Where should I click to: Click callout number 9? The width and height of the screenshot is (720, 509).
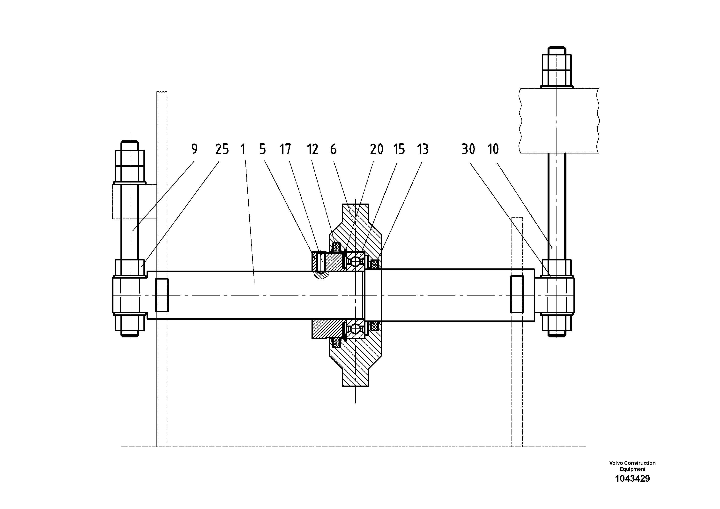pos(194,149)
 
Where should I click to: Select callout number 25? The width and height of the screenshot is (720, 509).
pos(222,149)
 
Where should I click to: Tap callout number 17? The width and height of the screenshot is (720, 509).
pos(285,149)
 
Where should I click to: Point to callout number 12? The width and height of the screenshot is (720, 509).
pos(313,149)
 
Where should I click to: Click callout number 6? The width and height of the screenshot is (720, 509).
pos(333,149)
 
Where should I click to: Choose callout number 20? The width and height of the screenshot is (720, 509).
pos(377,149)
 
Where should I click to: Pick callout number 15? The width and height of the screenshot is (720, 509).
pos(399,149)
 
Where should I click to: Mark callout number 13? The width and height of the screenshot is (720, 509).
pos(423,149)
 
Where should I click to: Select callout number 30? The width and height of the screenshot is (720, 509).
pos(468,149)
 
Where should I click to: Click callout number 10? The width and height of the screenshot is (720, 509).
pos(493,149)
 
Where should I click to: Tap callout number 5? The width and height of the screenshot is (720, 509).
pos(263,149)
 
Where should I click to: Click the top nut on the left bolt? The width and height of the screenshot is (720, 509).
pos(130,166)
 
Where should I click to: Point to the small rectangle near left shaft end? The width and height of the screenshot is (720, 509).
pos(162,295)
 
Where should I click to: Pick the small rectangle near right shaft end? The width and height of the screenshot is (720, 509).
pos(517,294)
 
